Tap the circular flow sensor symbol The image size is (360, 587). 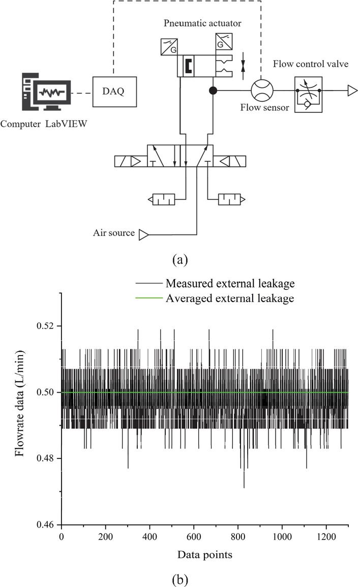(262, 91)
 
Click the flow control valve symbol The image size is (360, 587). (308, 91)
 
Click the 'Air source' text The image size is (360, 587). (113, 233)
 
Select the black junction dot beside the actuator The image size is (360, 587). (213, 91)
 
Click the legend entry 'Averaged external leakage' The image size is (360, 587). (230, 299)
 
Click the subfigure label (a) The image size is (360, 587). (181, 260)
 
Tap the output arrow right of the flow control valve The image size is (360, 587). (352, 91)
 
